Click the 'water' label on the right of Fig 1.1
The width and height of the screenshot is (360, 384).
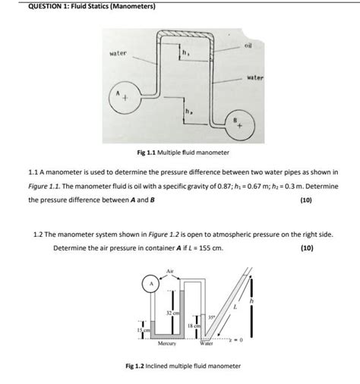(x=254, y=78)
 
